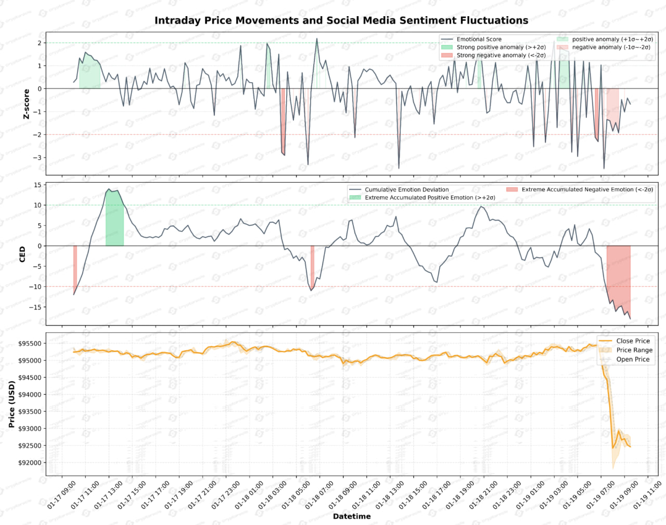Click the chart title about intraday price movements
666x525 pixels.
coord(341,20)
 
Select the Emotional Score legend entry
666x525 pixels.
coord(479,39)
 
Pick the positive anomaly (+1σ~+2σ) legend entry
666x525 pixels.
coord(612,39)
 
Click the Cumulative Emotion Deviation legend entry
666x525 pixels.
coord(406,189)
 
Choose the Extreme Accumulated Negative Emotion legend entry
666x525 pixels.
coord(587,189)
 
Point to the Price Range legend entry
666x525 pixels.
coord(634,350)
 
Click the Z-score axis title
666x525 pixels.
coord(26,104)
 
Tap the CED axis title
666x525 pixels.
coord(22,254)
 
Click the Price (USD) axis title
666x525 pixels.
coord(11,404)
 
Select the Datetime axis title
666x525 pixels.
coord(352,516)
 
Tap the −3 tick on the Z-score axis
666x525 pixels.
coord(38,158)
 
